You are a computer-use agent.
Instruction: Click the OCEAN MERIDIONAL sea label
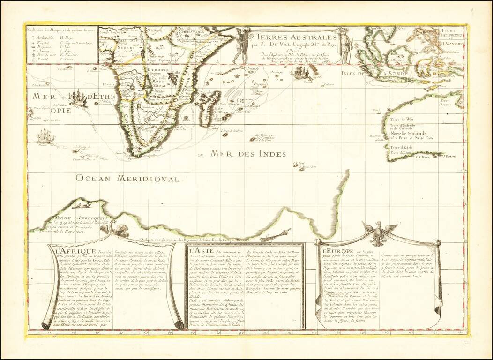[x=128, y=178]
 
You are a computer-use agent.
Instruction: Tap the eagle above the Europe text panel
[x=378, y=232]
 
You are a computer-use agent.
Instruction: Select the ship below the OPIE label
[x=46, y=136]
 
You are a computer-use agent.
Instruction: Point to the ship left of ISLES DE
[x=301, y=73]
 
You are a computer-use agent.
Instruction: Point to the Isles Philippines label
[x=449, y=32]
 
